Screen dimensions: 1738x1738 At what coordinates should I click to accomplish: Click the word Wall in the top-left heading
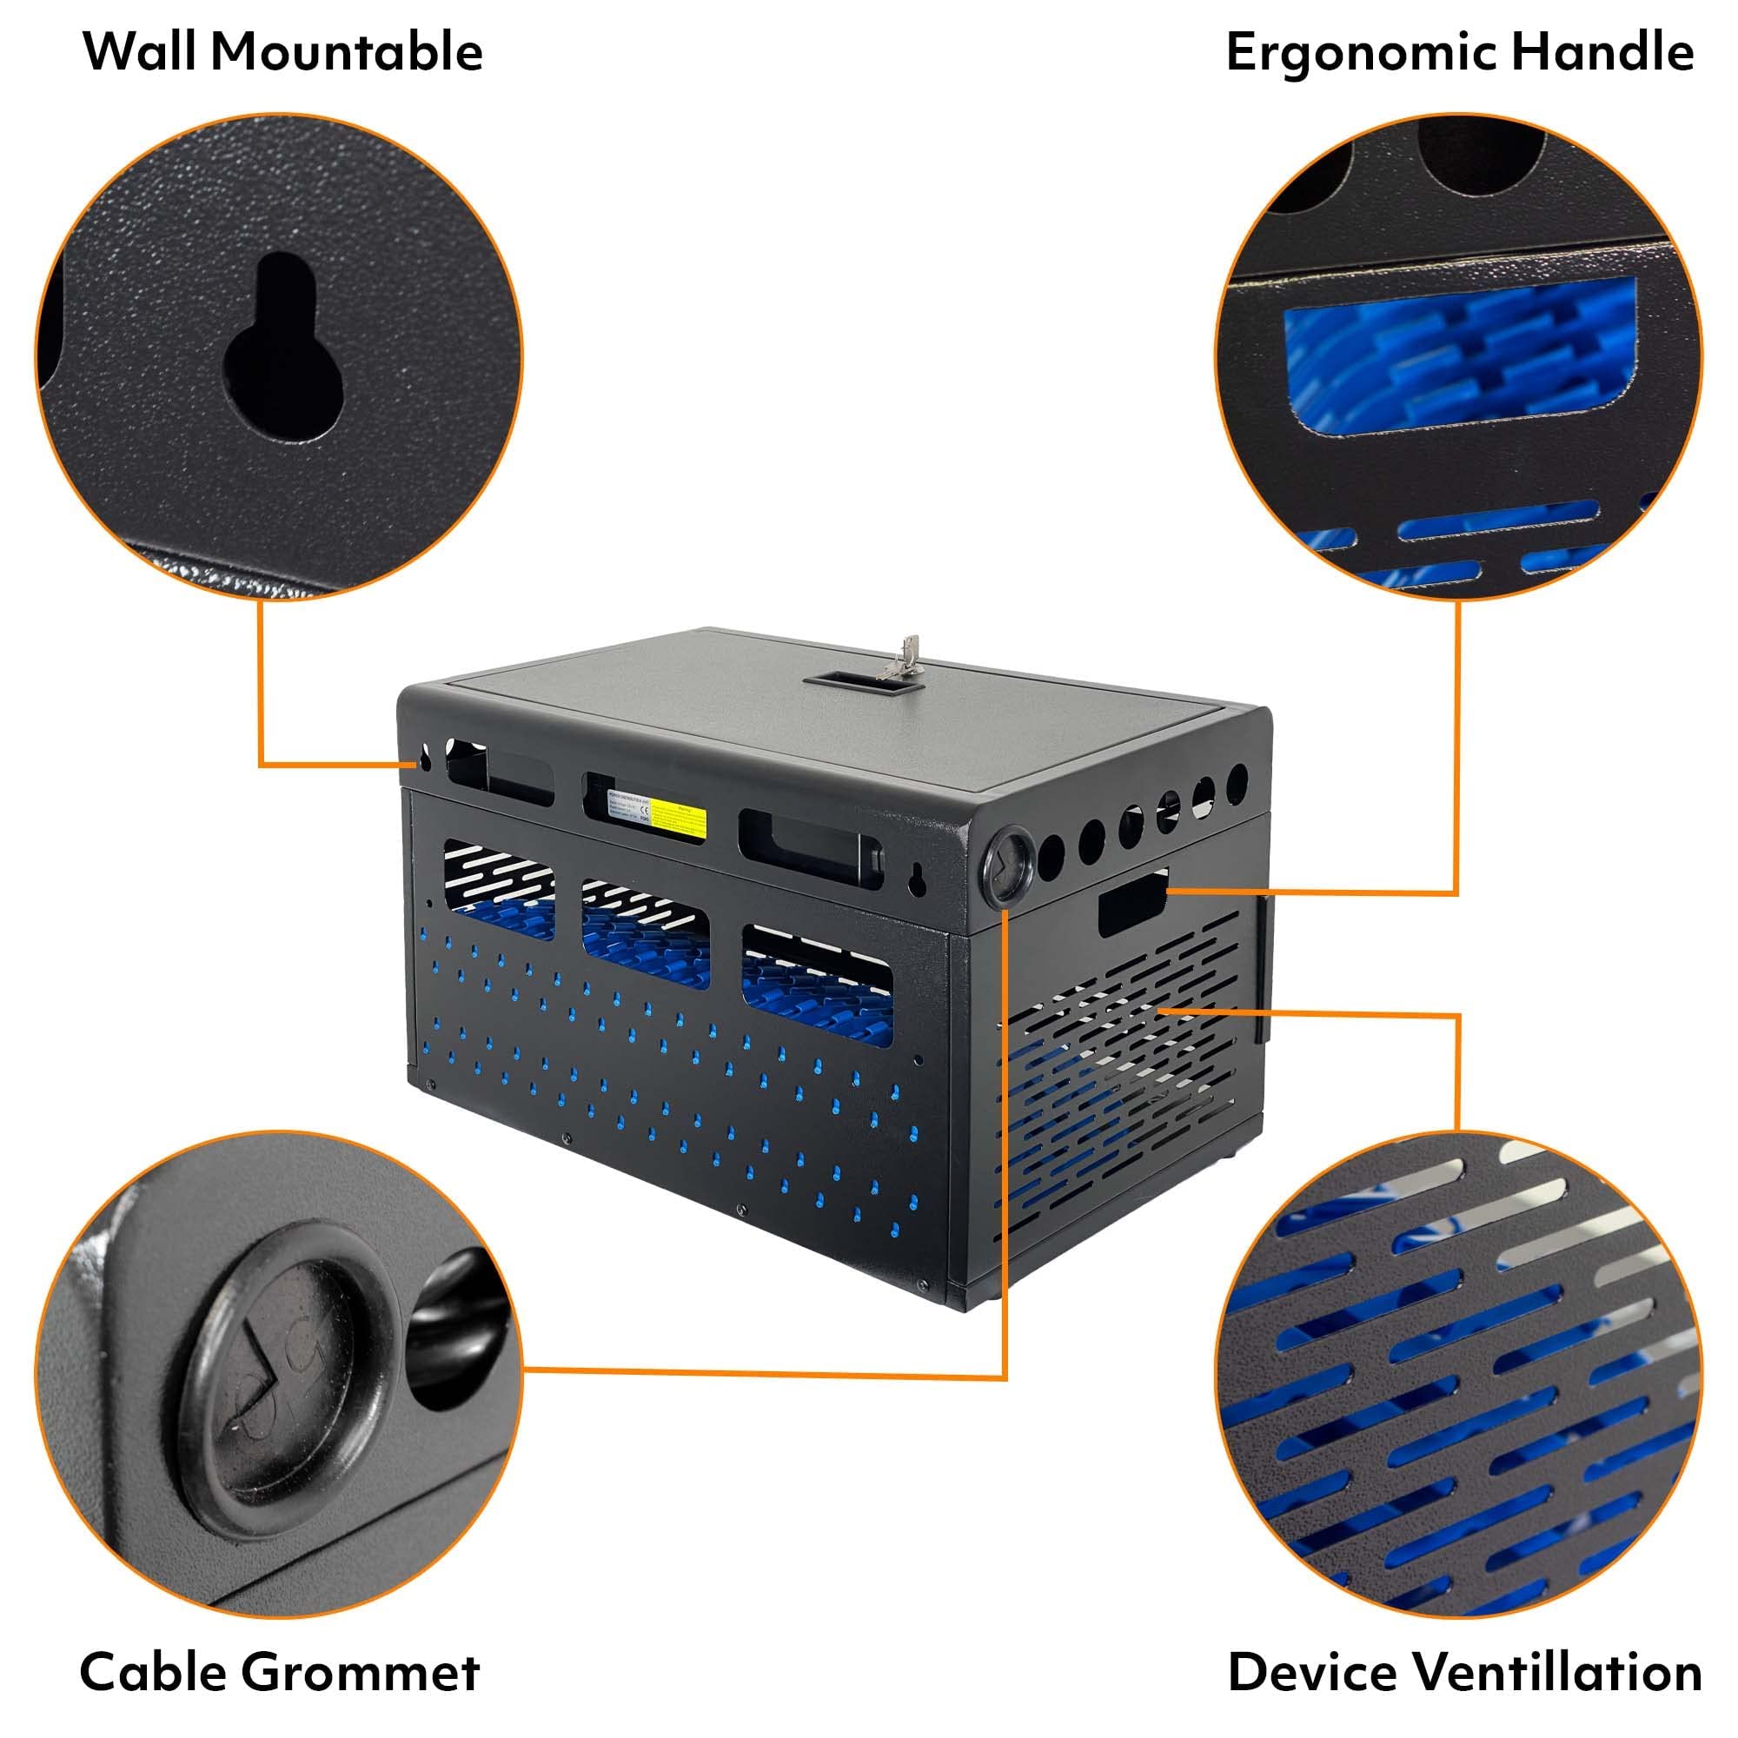click(x=143, y=52)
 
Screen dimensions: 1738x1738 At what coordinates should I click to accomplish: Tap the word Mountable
click(x=348, y=52)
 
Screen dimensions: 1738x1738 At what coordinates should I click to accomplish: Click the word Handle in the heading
click(x=1603, y=52)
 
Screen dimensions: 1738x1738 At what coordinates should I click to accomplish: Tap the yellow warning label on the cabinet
click(x=679, y=817)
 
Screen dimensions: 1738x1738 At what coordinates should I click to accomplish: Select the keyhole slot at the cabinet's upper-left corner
click(x=425, y=760)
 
